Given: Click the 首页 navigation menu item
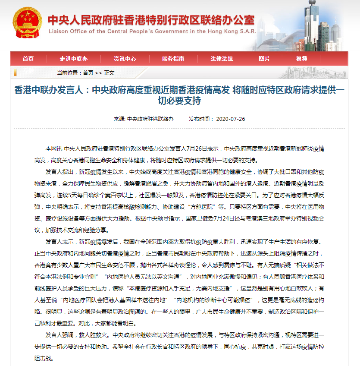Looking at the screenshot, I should [28, 59].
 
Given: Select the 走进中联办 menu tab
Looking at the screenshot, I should [73, 59].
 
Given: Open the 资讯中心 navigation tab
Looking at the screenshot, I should [125, 59].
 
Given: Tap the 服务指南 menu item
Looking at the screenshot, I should [173, 59].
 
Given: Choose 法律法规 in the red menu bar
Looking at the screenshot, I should [222, 59].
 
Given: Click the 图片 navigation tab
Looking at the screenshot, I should [264, 59].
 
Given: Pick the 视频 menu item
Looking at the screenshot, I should [302, 59].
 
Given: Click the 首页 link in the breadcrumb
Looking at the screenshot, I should [88, 73].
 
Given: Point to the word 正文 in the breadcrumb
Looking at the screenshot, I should [110, 73].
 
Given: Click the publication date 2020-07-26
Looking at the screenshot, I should [230, 119].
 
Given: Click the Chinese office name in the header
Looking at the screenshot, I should [151, 20].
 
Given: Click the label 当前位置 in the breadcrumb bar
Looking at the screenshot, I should [68, 73].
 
